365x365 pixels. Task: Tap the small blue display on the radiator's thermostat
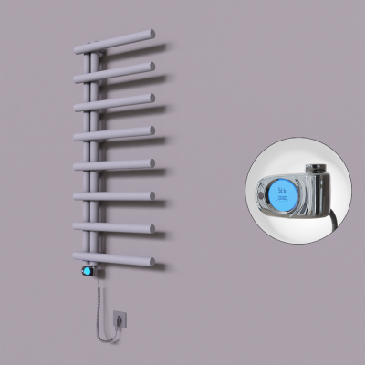88,271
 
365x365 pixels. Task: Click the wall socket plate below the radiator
118,318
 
